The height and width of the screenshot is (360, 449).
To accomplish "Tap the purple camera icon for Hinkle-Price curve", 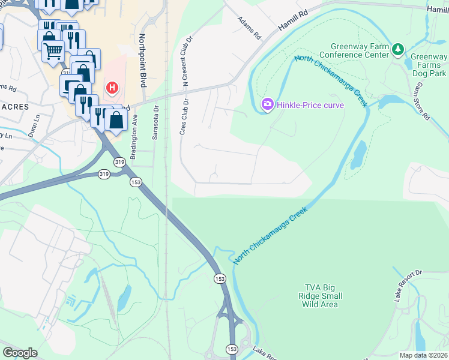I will click(x=267, y=105).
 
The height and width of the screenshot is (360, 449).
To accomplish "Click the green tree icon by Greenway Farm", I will click(x=397, y=49).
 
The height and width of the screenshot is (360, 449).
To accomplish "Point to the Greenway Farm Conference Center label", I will click(x=360, y=51).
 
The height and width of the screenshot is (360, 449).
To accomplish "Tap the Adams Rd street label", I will click(x=249, y=28).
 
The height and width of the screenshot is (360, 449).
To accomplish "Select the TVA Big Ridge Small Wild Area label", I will click(x=321, y=296).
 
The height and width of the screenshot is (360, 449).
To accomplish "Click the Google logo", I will click(x=20, y=353).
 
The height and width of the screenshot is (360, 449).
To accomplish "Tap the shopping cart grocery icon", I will click(x=53, y=51).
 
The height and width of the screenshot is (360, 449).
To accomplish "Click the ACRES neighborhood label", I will click(x=14, y=106).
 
